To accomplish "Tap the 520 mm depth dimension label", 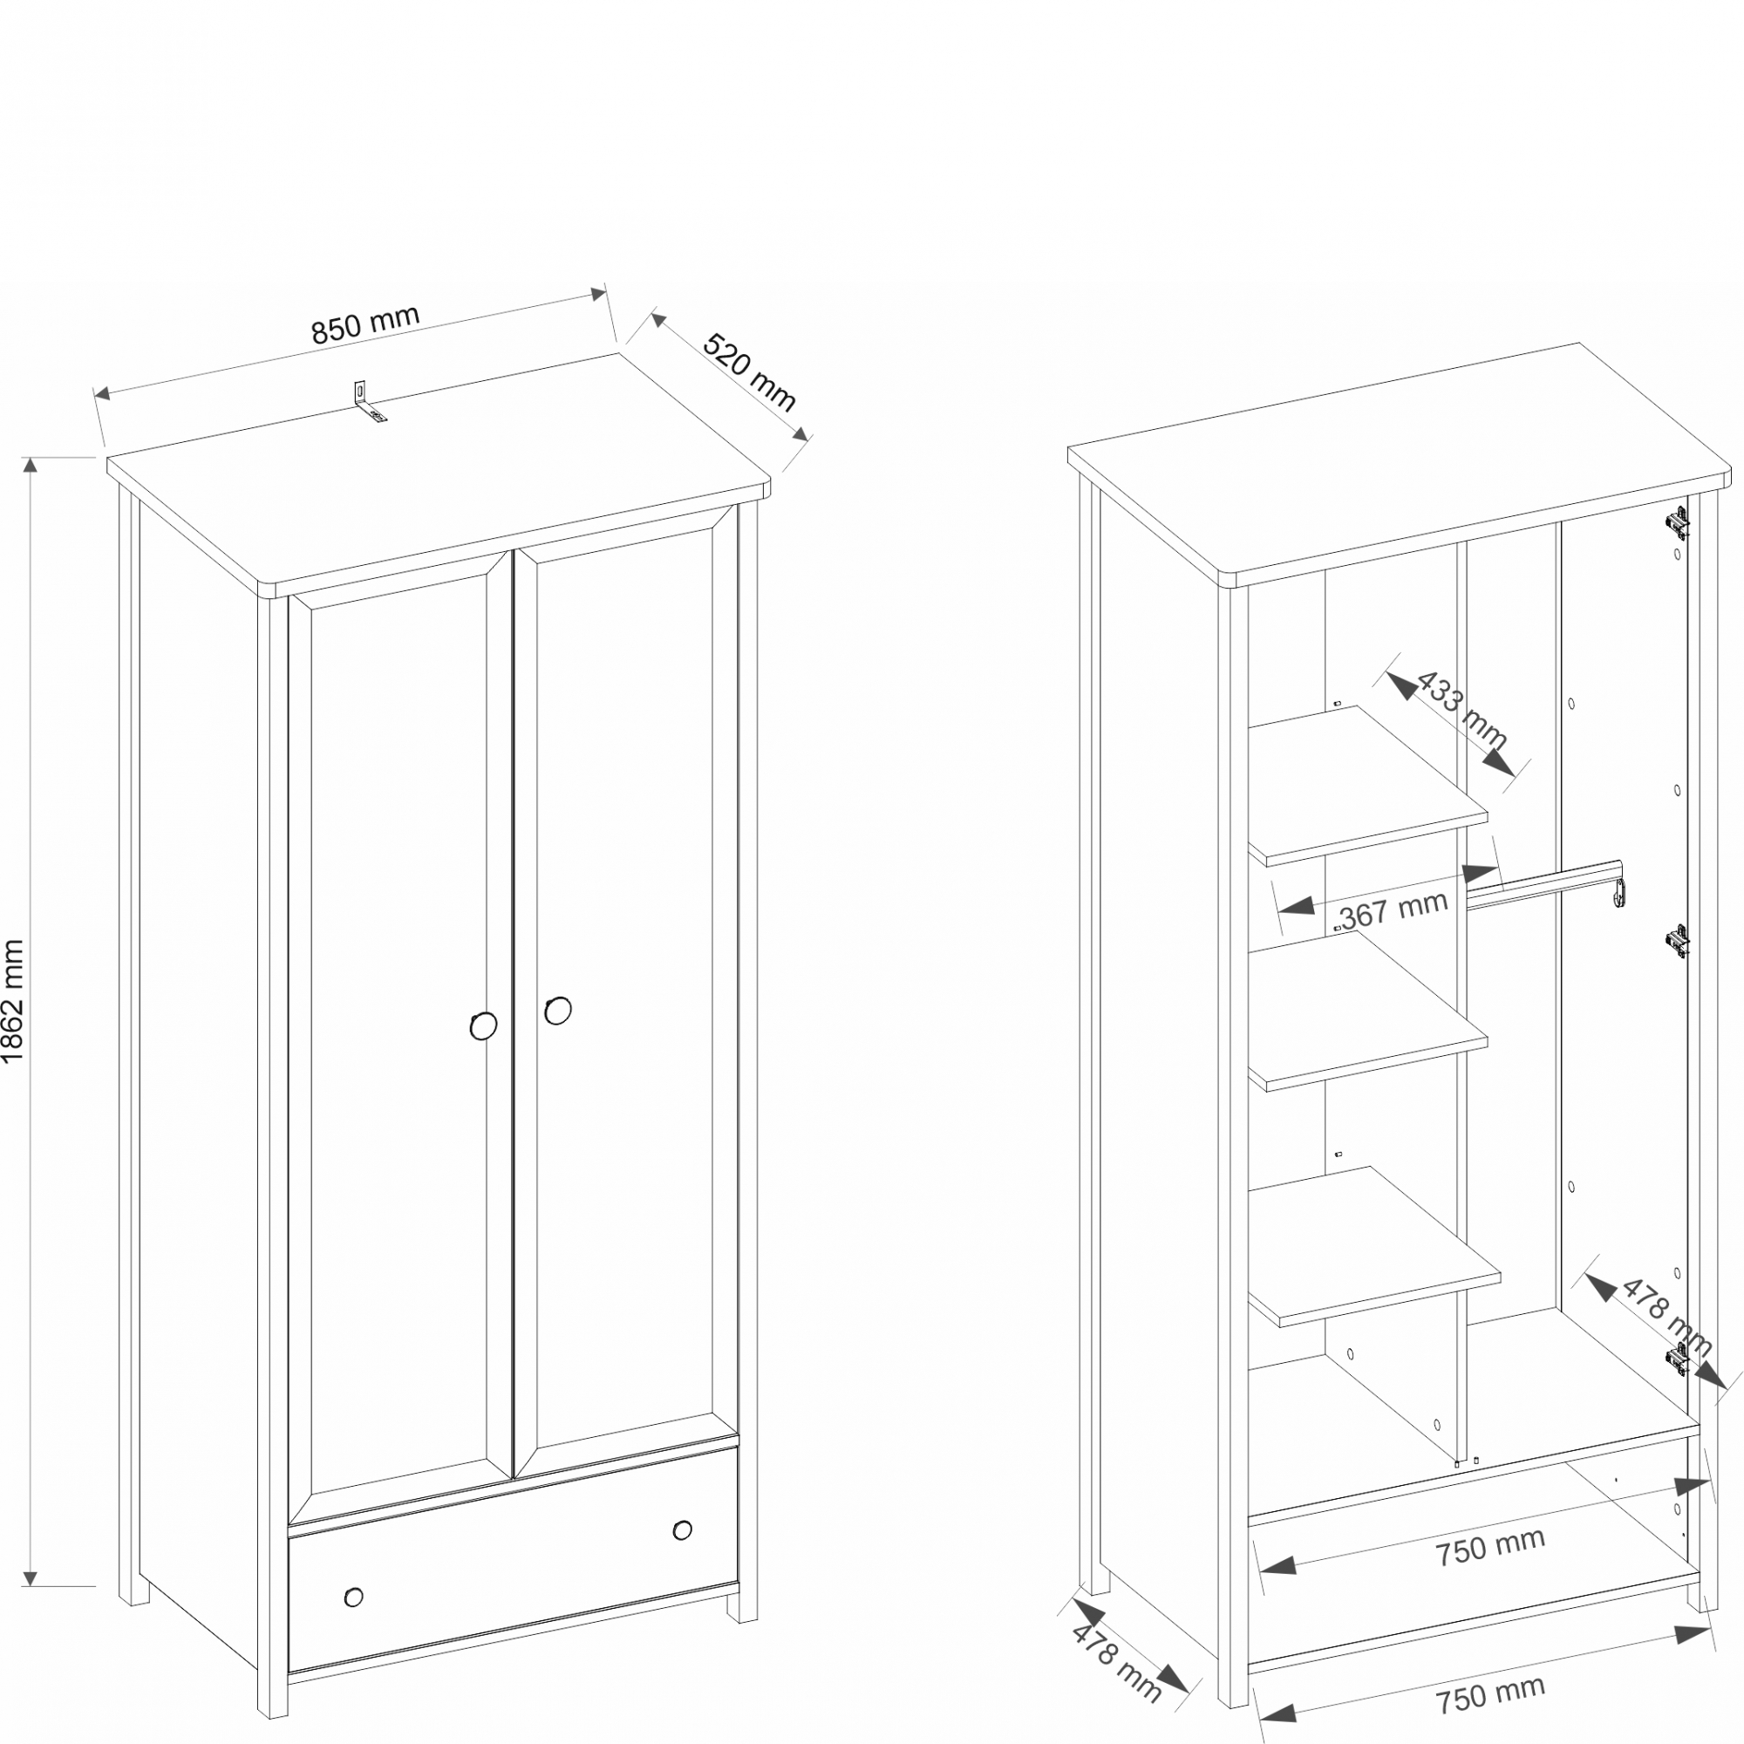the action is (x=749, y=372).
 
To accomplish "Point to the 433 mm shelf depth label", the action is (x=1461, y=710).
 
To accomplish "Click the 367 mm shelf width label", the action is (x=1393, y=909).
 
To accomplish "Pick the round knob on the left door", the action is (x=483, y=1025).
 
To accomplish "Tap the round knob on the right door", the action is (x=558, y=1010).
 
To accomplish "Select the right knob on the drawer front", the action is (x=683, y=1530).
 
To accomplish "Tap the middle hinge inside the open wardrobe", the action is (x=1676, y=941).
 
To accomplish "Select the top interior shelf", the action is (x=1367, y=786).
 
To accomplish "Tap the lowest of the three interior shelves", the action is (x=1375, y=1246).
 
